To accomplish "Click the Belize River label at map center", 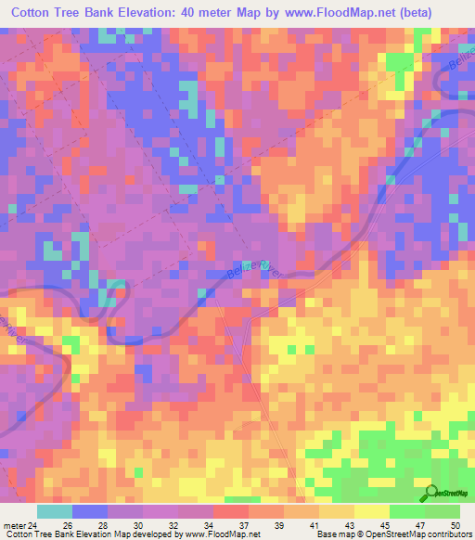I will click(250, 269).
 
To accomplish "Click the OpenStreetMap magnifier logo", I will click(431, 494).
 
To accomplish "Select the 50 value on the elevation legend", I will click(456, 525).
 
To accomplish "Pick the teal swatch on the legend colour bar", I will click(55, 511).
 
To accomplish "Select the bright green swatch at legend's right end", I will click(442, 511).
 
